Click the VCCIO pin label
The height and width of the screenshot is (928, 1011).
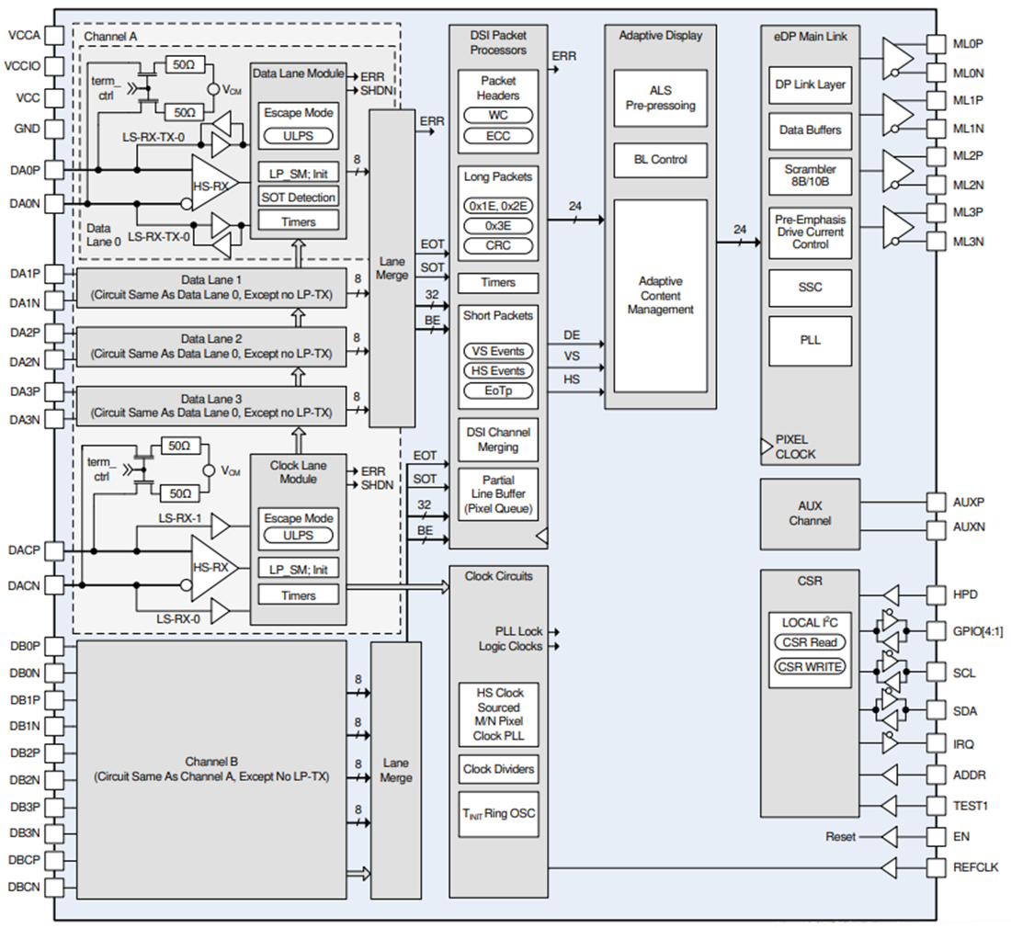click(x=21, y=66)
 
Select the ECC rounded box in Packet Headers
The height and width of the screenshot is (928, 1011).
click(x=498, y=136)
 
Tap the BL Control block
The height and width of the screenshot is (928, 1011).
click(x=661, y=160)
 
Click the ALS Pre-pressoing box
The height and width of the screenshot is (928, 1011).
click(x=661, y=98)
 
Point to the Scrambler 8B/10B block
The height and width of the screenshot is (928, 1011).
click(x=810, y=176)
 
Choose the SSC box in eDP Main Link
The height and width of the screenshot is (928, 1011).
click(x=810, y=288)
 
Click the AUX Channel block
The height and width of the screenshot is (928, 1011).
click(x=810, y=514)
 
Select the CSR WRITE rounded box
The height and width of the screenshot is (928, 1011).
click(x=810, y=666)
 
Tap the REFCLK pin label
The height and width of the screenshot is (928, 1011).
click(x=975, y=867)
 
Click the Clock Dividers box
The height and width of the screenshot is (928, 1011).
click(x=498, y=769)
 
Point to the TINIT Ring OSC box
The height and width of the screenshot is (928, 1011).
click(x=498, y=813)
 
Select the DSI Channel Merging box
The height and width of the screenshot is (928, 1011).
click(x=498, y=440)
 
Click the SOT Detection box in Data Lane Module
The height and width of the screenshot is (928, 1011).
click(x=299, y=197)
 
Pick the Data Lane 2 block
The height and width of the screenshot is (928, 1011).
click(x=211, y=345)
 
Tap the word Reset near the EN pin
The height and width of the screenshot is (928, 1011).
click(x=840, y=837)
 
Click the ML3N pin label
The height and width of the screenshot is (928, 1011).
click(x=967, y=242)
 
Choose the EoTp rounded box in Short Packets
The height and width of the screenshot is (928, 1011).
click(x=498, y=390)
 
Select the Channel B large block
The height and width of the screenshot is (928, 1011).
click(x=211, y=769)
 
